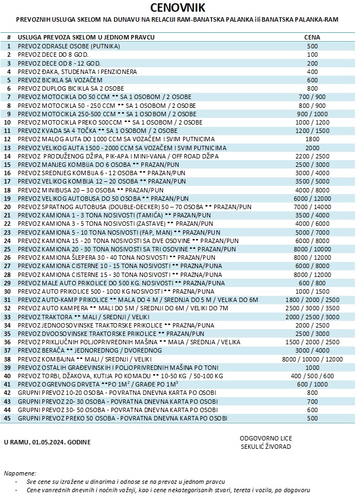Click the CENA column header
click(312, 37)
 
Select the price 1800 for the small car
click(312, 139)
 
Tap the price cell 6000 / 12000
click(312, 199)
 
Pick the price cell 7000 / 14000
click(312, 207)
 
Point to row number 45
click(9, 418)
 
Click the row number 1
click(9, 46)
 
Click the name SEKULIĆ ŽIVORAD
click(266, 446)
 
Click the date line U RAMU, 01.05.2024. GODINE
click(46, 442)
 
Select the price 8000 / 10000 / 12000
click(312, 359)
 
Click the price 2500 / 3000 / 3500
click(312, 308)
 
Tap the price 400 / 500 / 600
click(312, 375)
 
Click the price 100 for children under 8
click(312, 55)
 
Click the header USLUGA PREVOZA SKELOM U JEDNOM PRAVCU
click(86, 37)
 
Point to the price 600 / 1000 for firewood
click(312, 384)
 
